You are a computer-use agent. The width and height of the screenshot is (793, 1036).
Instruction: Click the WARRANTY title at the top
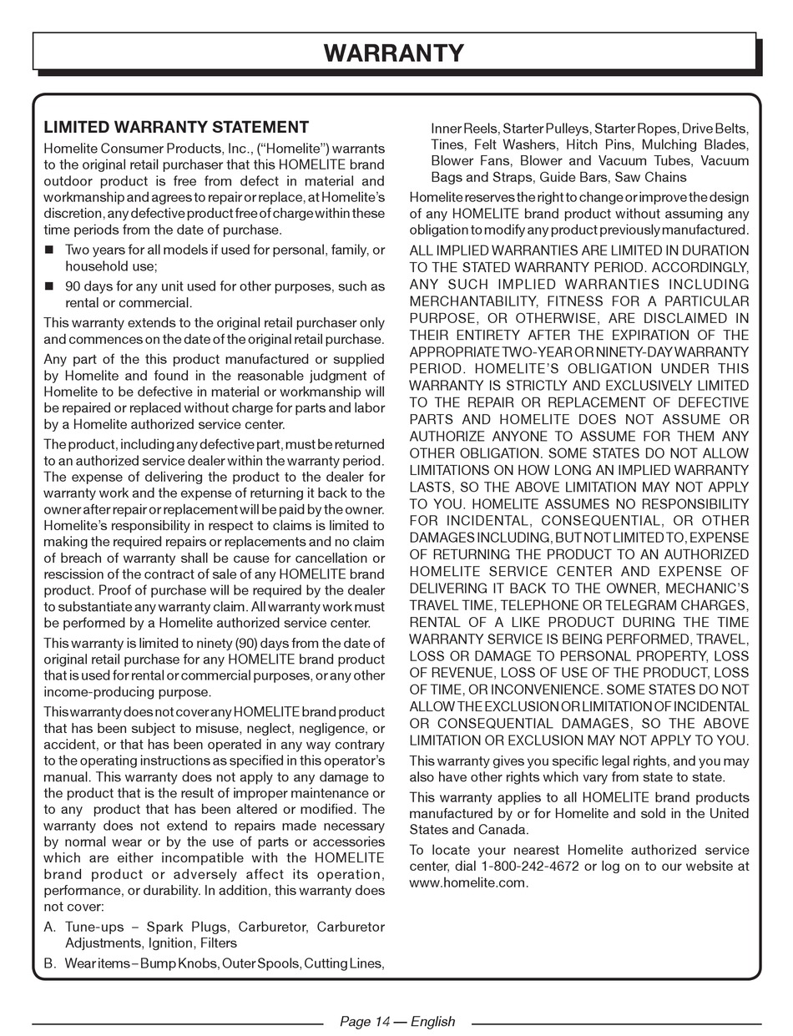point(393,53)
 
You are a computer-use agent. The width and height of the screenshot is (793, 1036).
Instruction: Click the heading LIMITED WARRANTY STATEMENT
point(176,128)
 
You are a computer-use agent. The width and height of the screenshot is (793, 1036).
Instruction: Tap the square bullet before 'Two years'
point(49,250)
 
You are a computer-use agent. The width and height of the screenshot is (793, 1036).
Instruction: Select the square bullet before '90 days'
point(49,286)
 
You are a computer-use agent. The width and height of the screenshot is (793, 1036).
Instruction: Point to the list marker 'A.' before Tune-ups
point(50,927)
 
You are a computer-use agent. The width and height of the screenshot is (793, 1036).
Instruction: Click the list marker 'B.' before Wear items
point(50,963)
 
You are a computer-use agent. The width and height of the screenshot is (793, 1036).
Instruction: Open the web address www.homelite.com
point(468,883)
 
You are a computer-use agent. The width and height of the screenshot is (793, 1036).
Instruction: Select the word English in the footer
point(432,1022)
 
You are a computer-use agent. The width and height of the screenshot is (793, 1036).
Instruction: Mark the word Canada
point(502,830)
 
